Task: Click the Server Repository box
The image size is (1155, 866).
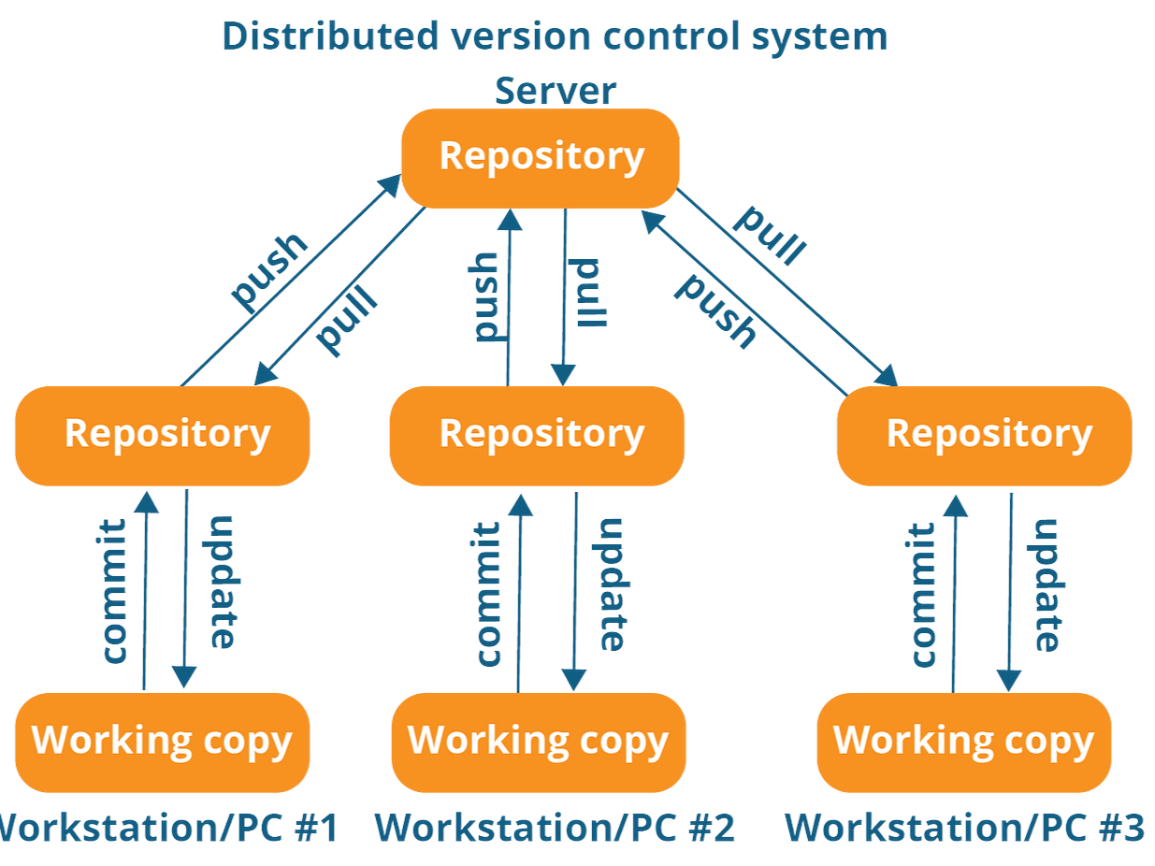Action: coord(541,157)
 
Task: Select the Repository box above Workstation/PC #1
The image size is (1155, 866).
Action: coord(163,435)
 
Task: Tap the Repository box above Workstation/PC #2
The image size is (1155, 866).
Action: coord(538,435)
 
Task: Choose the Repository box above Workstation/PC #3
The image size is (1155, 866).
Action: coord(985,435)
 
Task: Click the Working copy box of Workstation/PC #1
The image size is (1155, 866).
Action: coord(163,741)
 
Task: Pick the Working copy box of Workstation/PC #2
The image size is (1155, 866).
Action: coord(539,741)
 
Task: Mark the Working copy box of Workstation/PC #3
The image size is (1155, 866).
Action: coord(963,741)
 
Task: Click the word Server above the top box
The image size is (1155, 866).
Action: coord(556,91)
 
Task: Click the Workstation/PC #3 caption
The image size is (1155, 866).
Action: coord(964,828)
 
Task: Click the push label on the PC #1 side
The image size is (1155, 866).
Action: coord(269,270)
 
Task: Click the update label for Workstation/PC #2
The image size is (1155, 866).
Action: coord(609,584)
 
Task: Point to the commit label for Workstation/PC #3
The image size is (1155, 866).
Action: coord(921,594)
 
